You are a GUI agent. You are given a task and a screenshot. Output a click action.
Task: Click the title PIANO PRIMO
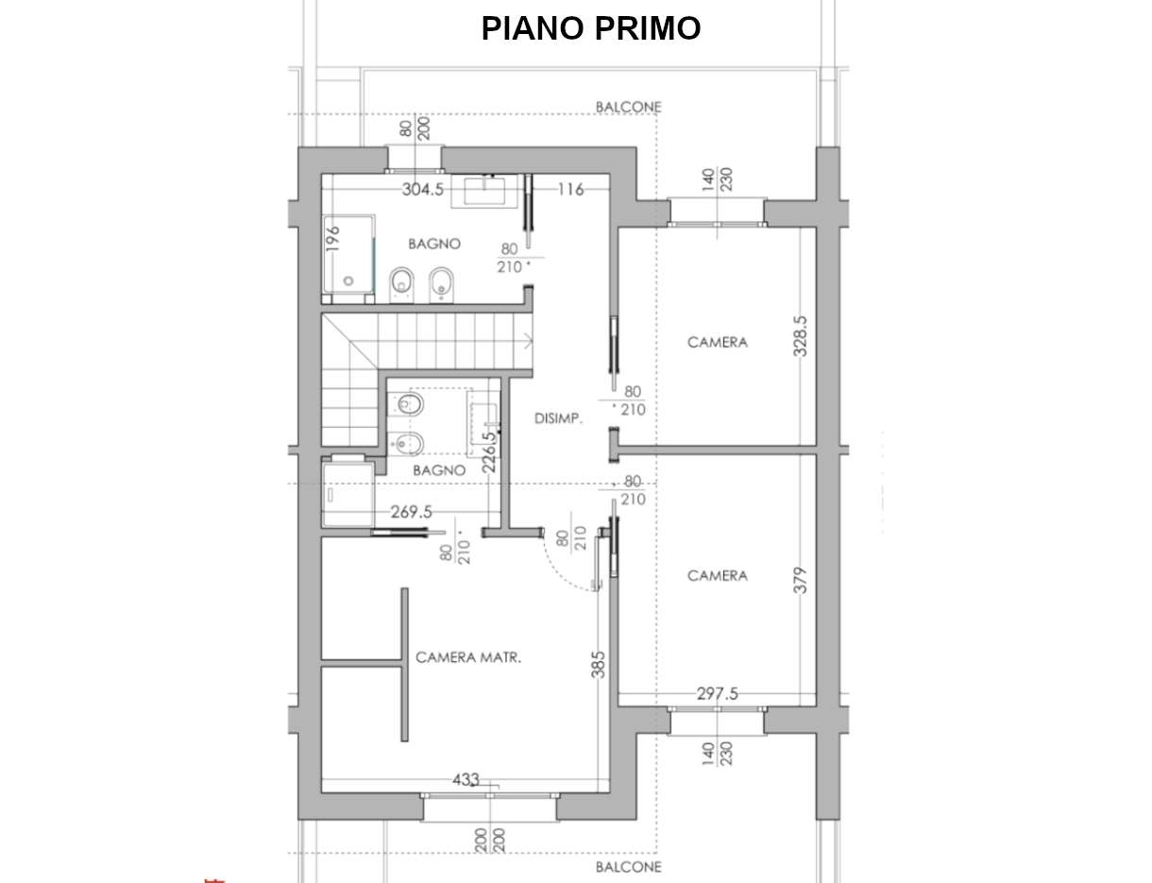(x=591, y=28)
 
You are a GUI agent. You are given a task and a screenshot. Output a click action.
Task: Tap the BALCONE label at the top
(x=628, y=108)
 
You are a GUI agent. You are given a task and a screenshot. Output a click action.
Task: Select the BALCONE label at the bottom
(x=628, y=866)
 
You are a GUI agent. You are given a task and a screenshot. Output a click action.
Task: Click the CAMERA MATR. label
(x=468, y=657)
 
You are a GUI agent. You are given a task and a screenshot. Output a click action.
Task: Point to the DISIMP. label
(x=557, y=418)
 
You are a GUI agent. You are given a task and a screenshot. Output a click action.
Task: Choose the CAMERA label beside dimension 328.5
(x=717, y=342)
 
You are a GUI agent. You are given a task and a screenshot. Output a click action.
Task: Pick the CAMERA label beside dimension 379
(x=717, y=575)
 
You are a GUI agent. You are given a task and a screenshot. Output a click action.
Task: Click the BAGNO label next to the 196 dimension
(x=434, y=244)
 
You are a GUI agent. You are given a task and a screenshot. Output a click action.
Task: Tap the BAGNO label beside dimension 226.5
(x=439, y=469)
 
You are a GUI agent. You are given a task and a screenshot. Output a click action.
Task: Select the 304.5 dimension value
(x=422, y=190)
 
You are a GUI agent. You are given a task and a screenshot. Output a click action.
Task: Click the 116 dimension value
(x=570, y=190)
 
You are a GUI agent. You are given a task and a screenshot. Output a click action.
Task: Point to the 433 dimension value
(x=466, y=780)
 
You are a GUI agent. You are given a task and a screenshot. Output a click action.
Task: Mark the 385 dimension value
(x=598, y=664)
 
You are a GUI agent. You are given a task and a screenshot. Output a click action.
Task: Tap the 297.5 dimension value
(x=717, y=694)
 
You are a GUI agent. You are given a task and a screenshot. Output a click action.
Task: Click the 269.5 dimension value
(x=411, y=512)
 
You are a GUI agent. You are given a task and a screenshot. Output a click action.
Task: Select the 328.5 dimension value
(x=801, y=335)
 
